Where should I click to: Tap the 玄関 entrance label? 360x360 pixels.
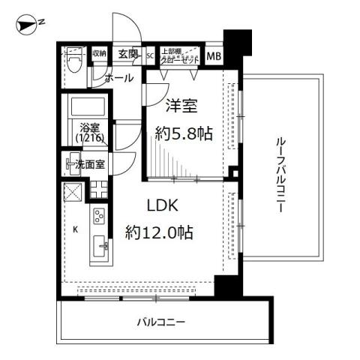tap(128, 54)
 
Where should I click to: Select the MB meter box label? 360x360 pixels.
tap(214, 55)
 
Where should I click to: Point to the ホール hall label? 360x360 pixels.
tap(119, 78)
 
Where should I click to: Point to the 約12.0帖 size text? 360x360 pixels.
tap(160, 232)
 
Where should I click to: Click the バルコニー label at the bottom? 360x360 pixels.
tap(160, 322)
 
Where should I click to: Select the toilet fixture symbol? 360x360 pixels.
tap(74, 60)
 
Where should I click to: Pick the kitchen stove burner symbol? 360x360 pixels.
tap(100, 217)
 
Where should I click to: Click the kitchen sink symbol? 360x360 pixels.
tap(100, 246)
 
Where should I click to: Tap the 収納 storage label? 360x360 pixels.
tap(99, 54)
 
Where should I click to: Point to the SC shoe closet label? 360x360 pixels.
tap(150, 55)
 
